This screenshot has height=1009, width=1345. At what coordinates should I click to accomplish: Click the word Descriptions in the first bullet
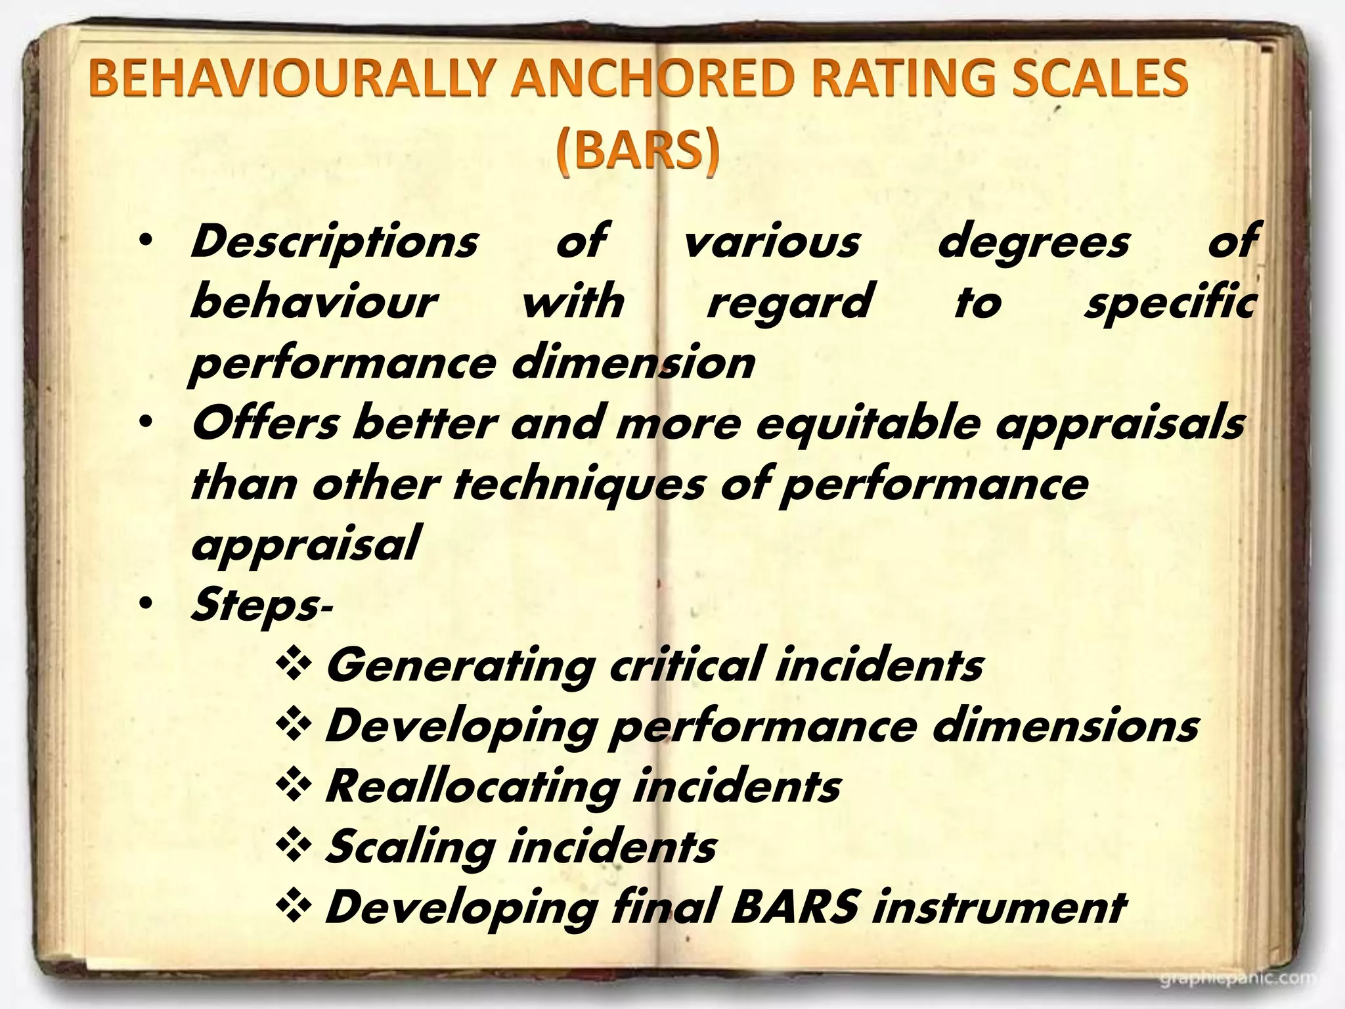coord(334,242)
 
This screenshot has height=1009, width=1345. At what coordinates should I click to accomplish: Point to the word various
coord(771,241)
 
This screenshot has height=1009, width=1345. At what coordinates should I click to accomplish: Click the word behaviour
coord(313,302)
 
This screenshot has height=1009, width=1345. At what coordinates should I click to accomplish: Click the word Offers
coord(265,423)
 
